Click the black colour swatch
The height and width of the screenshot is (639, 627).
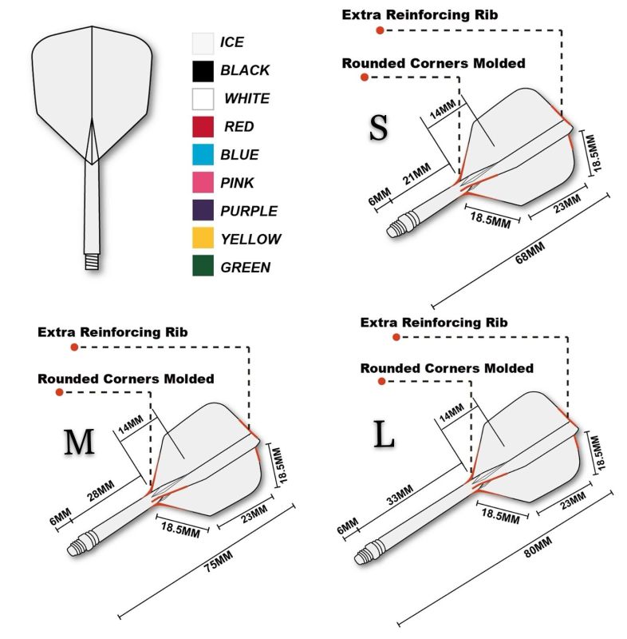click(203, 71)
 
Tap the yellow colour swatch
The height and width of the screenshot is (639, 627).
click(203, 237)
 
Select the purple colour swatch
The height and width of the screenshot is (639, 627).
click(203, 210)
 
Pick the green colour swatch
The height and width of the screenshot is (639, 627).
click(203, 266)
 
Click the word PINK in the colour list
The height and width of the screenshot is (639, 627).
click(237, 183)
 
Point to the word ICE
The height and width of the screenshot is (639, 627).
click(232, 42)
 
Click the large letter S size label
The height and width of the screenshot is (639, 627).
click(378, 128)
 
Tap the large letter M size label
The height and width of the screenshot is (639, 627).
click(79, 443)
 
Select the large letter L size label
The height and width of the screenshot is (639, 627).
click(384, 435)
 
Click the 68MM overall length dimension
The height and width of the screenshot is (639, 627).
click(530, 252)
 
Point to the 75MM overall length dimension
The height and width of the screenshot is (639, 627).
click(219, 562)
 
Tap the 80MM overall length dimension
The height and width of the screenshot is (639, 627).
click(538, 547)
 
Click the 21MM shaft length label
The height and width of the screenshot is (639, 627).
click(416, 174)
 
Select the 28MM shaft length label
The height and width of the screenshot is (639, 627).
click(101, 490)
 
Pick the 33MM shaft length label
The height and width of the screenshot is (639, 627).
click(400, 494)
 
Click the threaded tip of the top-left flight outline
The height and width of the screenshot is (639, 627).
click(92, 261)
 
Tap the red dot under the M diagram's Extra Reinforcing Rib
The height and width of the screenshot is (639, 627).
click(74, 347)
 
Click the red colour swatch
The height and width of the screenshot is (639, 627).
click(203, 127)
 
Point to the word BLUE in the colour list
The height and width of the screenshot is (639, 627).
click(239, 155)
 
